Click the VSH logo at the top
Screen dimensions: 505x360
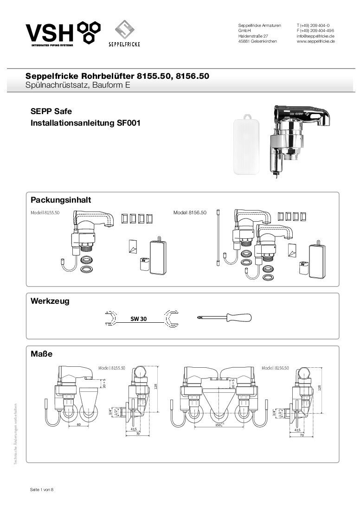(x=63, y=34)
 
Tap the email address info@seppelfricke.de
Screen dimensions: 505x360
(x=316, y=36)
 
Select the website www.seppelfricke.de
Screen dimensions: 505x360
(x=316, y=41)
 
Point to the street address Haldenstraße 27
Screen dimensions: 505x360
(x=253, y=36)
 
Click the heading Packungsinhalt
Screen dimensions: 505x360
(x=61, y=200)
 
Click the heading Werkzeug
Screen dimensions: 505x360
(x=50, y=301)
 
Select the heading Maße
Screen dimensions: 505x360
(x=41, y=354)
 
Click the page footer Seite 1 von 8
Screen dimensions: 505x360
(x=42, y=490)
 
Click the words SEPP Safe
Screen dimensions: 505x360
(x=51, y=112)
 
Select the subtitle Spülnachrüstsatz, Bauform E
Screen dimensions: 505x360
(x=78, y=85)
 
